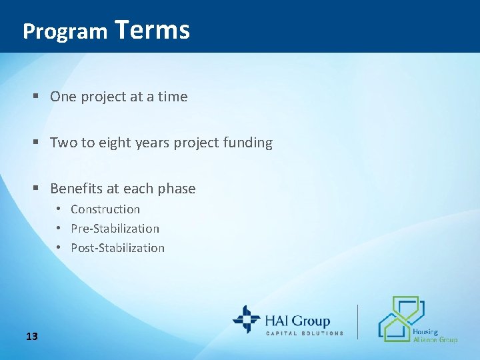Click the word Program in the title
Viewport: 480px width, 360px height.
tap(65, 31)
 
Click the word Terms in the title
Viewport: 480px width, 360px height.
tap(152, 30)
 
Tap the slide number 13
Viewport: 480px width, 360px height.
tap(31, 336)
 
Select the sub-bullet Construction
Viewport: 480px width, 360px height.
tap(105, 209)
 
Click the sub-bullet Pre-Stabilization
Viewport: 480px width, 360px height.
tap(115, 229)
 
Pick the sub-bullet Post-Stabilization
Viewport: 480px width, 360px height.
tap(117, 248)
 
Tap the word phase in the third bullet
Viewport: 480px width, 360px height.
tap(177, 189)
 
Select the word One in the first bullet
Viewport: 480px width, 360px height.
tap(63, 97)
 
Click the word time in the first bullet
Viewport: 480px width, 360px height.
tap(173, 97)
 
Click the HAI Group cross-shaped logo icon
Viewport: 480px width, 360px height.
tap(246, 319)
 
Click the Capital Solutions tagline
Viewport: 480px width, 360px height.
tap(305, 333)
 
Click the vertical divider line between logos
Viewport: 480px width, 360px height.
tap(358, 321)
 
